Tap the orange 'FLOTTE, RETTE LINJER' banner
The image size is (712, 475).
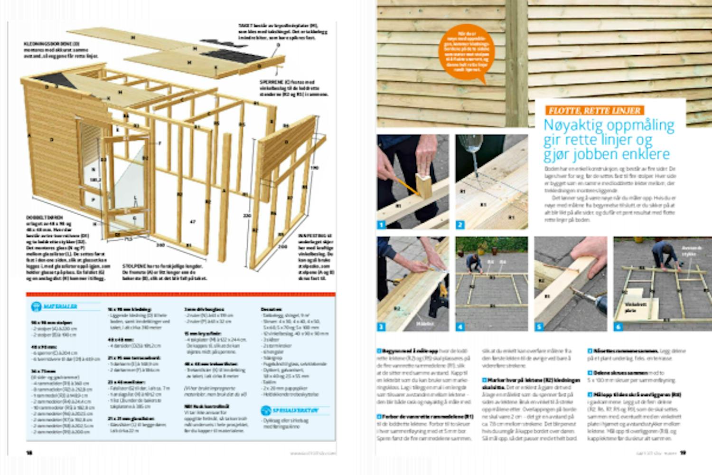pos(594,111)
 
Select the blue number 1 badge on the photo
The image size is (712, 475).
pos(382,225)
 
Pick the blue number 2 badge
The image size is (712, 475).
pos(460,225)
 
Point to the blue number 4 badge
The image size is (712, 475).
pos(460,326)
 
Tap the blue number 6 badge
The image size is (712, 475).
pos(618,326)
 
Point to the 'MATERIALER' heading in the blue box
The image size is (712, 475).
pos(60,306)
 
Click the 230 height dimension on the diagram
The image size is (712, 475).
pos(247,216)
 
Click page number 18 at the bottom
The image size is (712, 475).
pos(29,453)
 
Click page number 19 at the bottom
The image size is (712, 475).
pos(683,453)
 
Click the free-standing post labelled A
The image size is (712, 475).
pos(225,190)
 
